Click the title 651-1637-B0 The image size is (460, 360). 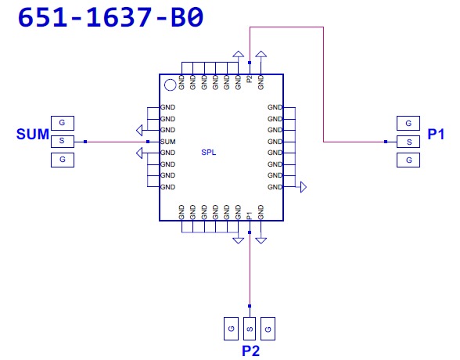click(110, 17)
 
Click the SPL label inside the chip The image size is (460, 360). click(209, 153)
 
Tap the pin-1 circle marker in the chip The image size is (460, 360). click(171, 85)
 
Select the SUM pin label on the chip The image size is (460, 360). click(167, 142)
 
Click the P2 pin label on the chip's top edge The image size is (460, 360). click(250, 79)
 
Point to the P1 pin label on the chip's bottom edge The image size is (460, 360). click(250, 216)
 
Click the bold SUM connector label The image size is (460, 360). click(33, 135)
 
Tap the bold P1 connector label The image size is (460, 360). click(436, 134)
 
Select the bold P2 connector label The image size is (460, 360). click(251, 351)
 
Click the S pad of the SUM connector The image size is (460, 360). click(63, 142)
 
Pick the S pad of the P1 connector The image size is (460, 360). click(408, 142)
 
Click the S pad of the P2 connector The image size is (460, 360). click(250, 329)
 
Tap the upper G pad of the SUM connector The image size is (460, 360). click(63, 123)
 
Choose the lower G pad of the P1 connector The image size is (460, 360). click(408, 160)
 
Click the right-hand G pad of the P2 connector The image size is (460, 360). click(268, 329)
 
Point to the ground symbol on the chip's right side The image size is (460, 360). click(304, 187)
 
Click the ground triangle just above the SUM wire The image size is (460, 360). click(139, 130)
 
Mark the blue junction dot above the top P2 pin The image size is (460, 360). click(250, 63)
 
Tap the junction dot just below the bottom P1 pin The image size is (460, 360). click(250, 232)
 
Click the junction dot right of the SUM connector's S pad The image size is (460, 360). click(85, 142)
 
